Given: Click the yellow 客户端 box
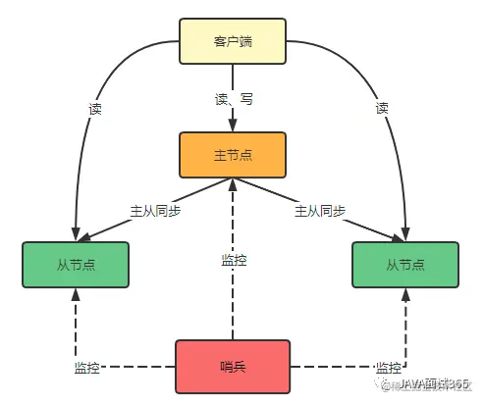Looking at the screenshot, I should pyautogui.click(x=233, y=41).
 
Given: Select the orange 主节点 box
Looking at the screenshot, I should pyautogui.click(x=232, y=156).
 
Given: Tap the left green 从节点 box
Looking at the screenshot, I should pyautogui.click(x=76, y=265).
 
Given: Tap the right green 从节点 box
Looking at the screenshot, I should pyautogui.click(x=404, y=265).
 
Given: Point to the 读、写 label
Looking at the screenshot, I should pyautogui.click(x=233, y=98).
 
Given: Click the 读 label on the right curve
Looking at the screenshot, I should pyautogui.click(x=382, y=109).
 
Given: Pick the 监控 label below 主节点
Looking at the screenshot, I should pyautogui.click(x=234, y=260).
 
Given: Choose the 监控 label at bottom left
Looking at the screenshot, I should pyautogui.click(x=87, y=368).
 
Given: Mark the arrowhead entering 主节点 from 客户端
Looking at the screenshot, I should pyautogui.click(x=233, y=126).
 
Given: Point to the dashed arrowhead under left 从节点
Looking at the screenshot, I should pyautogui.click(x=76, y=295).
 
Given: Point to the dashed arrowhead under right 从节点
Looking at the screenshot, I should pyautogui.click(x=404, y=295).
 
